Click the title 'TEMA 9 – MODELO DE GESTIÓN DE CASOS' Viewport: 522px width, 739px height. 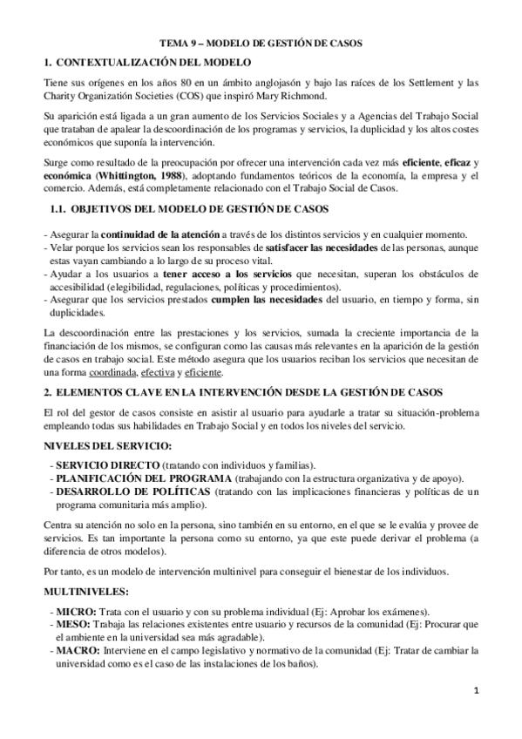(261, 42)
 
